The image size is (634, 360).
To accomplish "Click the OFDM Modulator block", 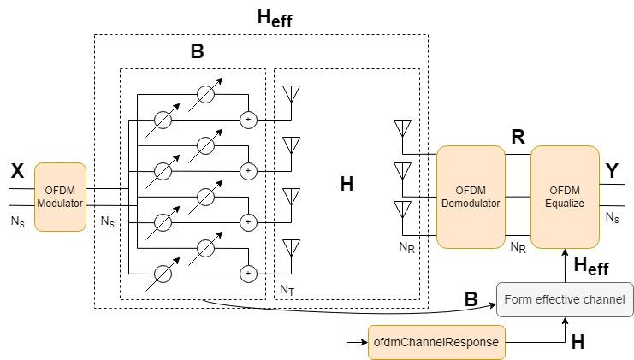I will pyautogui.click(x=60, y=197).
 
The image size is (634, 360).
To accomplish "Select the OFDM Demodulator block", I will pyautogui.click(x=471, y=197).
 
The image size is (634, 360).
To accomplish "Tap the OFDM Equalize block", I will pyautogui.click(x=564, y=197).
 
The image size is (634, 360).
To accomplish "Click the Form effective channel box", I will pyautogui.click(x=565, y=300).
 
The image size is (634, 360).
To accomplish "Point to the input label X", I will pyautogui.click(x=17, y=172).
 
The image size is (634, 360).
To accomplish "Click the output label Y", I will pyautogui.click(x=613, y=171).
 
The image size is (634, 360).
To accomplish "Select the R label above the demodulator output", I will pyautogui.click(x=518, y=137).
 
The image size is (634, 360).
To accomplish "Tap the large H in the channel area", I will pyautogui.click(x=347, y=184).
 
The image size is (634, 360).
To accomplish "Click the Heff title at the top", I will pyautogui.click(x=275, y=17).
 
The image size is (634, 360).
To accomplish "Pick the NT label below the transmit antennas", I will pyautogui.click(x=287, y=290).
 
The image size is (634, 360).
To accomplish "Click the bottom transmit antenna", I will pyautogui.click(x=291, y=248).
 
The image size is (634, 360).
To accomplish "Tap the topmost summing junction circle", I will pyautogui.click(x=248, y=120).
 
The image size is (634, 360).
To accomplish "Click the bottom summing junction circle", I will pyautogui.click(x=248, y=274).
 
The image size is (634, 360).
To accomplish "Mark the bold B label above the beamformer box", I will pyautogui.click(x=197, y=52).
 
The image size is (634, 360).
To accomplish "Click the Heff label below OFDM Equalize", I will pyautogui.click(x=590, y=267).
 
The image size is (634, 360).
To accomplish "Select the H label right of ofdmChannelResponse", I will pyautogui.click(x=578, y=341).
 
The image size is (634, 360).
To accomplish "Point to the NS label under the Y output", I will pyautogui.click(x=613, y=218).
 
